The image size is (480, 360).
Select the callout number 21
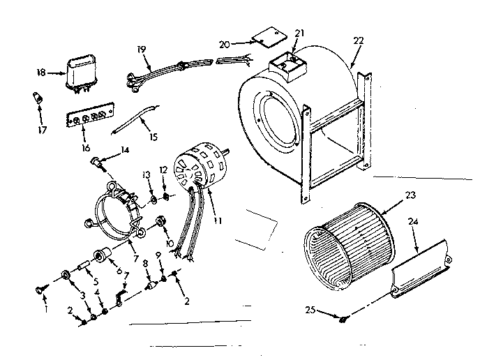coord(301,33)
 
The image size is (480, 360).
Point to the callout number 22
coord(358,42)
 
